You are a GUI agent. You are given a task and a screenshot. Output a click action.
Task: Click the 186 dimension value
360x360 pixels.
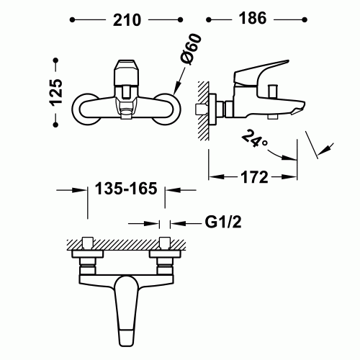coord(252,19)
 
